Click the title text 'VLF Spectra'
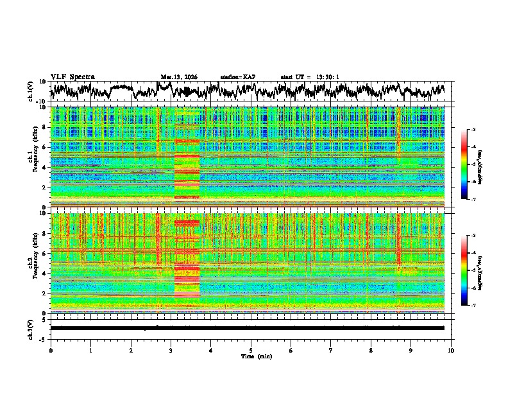(72, 76)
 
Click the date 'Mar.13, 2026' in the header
(179, 77)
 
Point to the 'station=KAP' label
(238, 77)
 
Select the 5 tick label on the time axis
(251, 349)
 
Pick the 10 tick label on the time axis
(451, 349)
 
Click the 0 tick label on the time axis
(51, 349)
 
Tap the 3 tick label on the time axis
(171, 349)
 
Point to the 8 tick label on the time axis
(371, 349)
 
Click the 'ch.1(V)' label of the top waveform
(30, 91)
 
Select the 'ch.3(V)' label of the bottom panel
(30, 328)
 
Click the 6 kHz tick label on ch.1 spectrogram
(45, 147)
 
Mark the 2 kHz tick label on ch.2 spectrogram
(45, 293)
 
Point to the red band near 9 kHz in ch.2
(187, 223)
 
